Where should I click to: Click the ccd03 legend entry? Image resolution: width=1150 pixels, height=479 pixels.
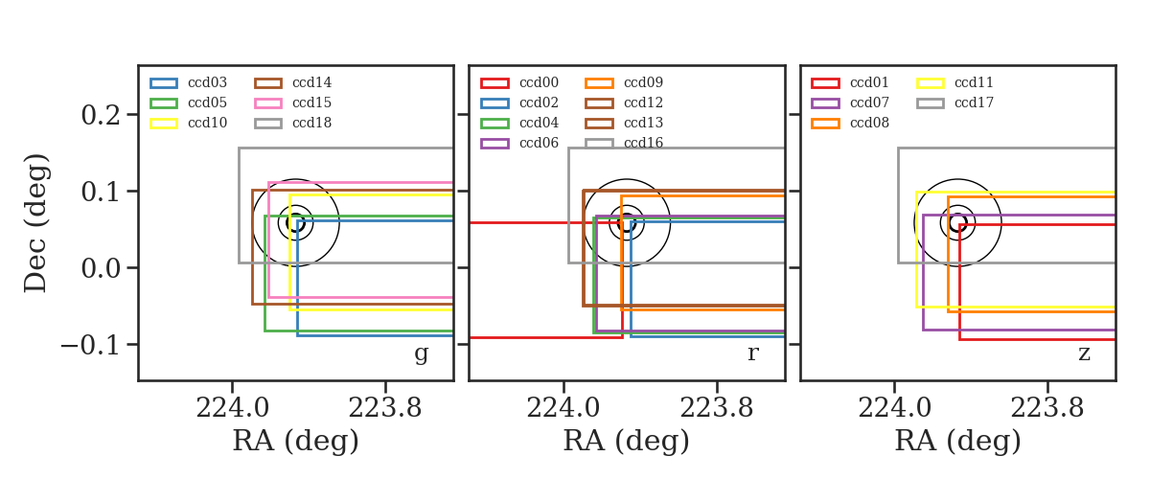(188, 82)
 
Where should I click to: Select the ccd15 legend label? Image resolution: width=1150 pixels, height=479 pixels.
(311, 103)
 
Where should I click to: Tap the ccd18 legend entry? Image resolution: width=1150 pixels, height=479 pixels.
(292, 123)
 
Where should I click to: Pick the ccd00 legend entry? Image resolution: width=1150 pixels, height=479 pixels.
(519, 82)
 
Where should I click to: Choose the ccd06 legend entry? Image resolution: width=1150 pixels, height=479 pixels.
(519, 143)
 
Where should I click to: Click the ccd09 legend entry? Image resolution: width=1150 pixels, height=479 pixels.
(624, 82)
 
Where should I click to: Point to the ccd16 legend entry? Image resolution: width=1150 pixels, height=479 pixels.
(624, 143)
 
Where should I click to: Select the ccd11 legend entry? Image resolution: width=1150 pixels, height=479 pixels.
(954, 82)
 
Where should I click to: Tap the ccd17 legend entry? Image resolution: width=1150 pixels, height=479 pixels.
(954, 103)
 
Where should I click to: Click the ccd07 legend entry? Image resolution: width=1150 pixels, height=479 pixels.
(850, 103)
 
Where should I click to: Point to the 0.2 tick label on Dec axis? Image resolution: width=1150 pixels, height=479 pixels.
(101, 115)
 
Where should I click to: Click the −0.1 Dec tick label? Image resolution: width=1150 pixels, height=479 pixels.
(91, 345)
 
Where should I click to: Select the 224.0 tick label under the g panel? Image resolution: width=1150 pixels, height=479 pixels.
(233, 408)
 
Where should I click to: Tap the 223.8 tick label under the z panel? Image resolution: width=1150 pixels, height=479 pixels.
(1047, 408)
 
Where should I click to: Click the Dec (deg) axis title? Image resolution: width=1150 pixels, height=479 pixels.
(36, 223)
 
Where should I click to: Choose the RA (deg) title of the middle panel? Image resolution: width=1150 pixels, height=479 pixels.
(627, 441)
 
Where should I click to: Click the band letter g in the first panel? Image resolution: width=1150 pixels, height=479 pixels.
(421, 354)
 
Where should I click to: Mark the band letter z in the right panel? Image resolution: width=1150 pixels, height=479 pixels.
(1084, 354)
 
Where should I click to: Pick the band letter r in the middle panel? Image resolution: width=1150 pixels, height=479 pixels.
(752, 354)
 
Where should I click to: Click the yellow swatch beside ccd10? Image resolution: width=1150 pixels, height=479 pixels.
(164, 124)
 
